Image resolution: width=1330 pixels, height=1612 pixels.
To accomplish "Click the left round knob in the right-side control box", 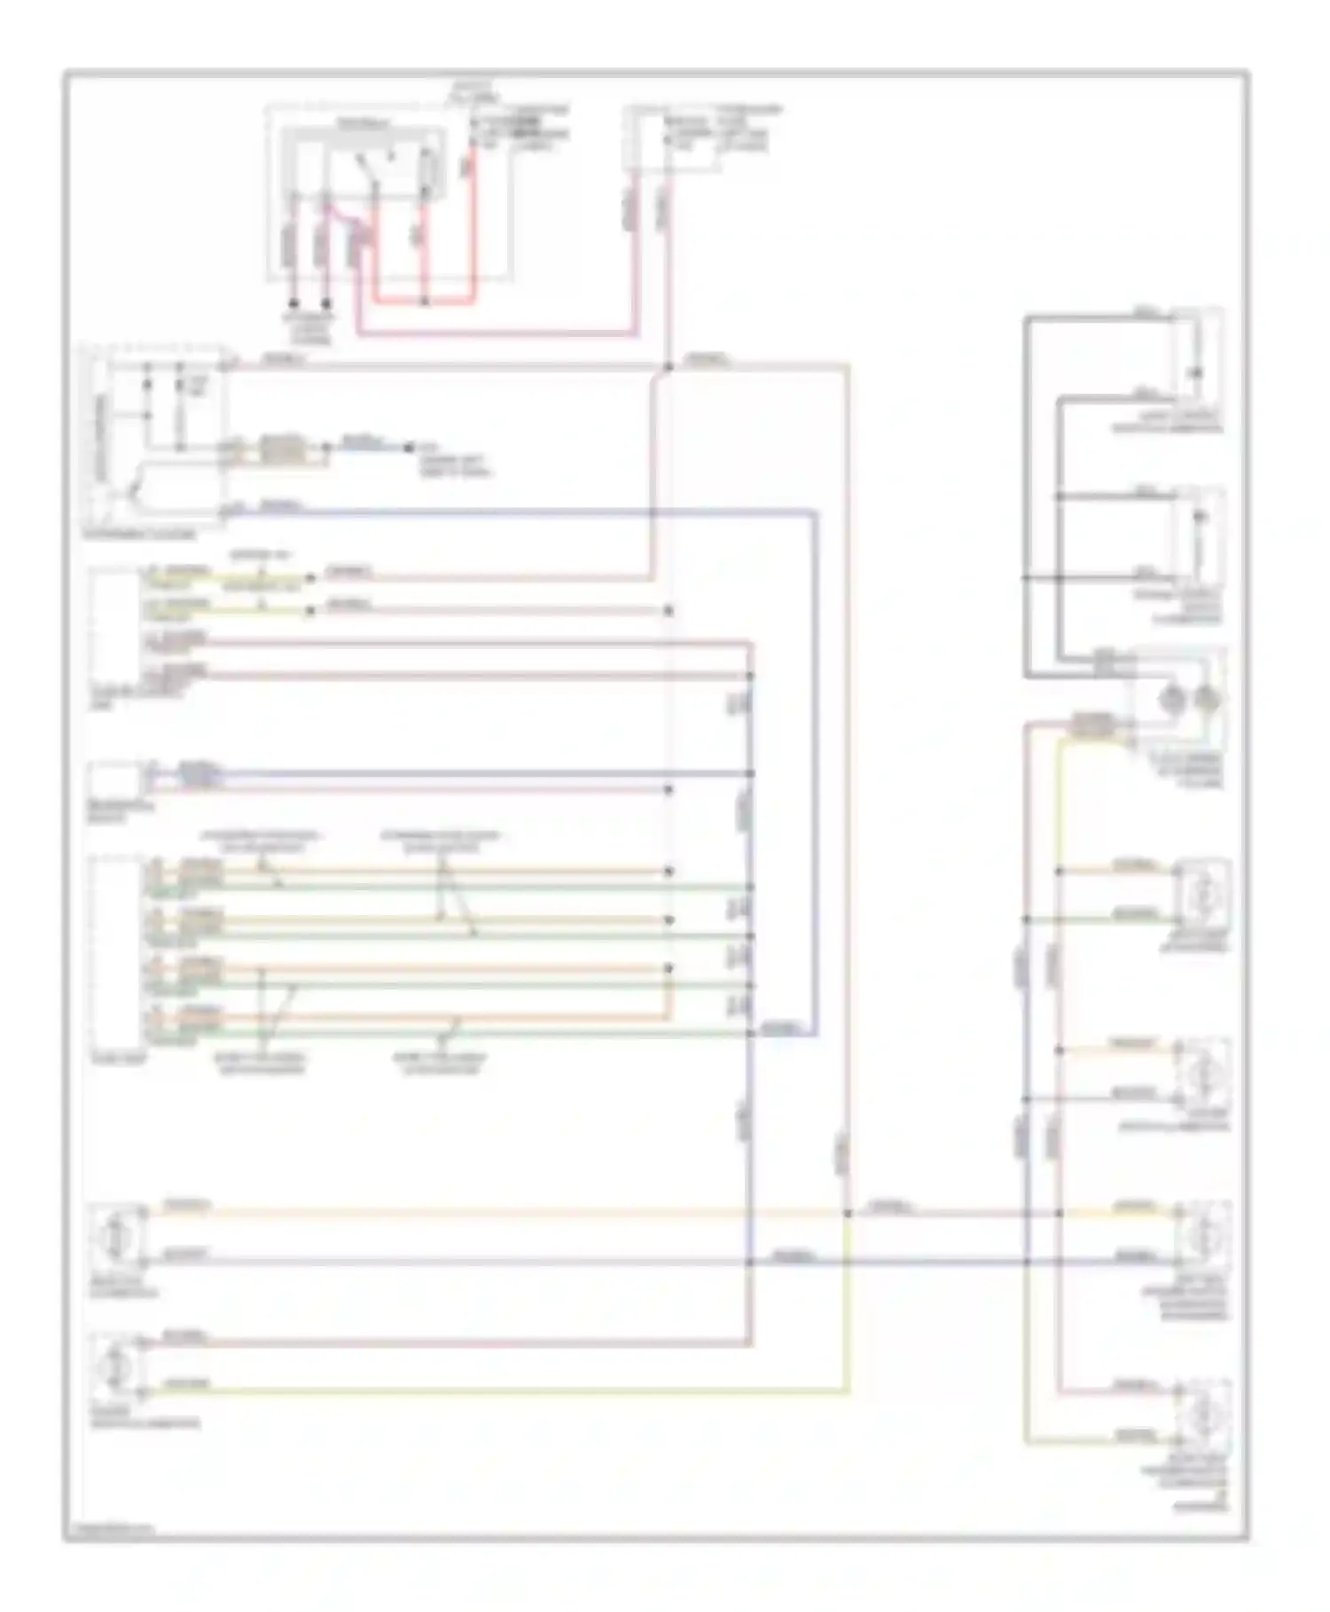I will (1172, 700).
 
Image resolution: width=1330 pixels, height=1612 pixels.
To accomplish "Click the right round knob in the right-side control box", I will (1206, 700).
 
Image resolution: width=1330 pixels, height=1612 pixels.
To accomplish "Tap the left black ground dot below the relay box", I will (293, 303).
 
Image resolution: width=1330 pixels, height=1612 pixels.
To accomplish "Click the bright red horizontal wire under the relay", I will (424, 302).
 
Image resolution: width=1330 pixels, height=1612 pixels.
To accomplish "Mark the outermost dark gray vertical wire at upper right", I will (1026, 497).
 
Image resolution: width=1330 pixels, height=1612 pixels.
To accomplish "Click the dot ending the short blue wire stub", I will (409, 448).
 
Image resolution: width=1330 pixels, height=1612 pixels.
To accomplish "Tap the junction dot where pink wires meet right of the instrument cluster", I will (668, 365).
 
